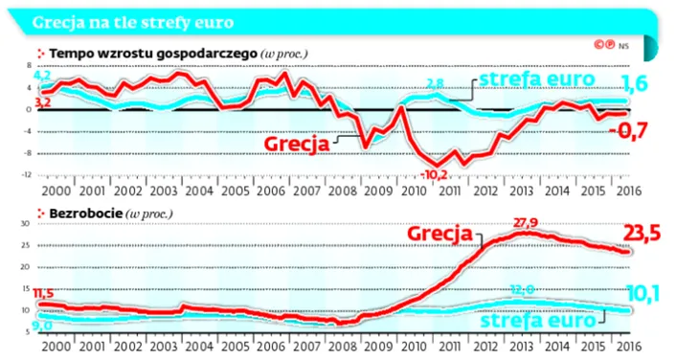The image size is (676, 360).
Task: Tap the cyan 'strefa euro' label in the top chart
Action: coord(536,79)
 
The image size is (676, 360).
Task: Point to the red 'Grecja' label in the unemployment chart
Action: coord(439,234)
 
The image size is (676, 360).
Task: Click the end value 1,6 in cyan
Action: coord(636,84)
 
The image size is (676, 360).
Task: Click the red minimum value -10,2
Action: coord(434,174)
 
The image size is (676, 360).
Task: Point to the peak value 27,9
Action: coord(527,224)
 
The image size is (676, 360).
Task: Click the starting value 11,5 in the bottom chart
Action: coord(44,293)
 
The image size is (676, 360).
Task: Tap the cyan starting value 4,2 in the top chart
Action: coord(42,75)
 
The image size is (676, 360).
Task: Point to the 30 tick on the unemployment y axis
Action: coord(26,224)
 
